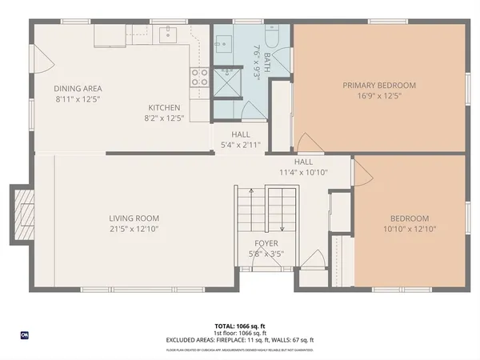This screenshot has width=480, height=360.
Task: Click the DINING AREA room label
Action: pyautogui.click(x=78, y=89)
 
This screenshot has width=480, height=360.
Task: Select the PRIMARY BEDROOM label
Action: pyautogui.click(x=379, y=85)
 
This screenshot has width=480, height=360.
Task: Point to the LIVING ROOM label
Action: pyautogui.click(x=134, y=218)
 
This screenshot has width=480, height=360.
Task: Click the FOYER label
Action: pyautogui.click(x=266, y=243)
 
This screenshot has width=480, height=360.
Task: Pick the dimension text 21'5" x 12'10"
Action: pyautogui.click(x=134, y=229)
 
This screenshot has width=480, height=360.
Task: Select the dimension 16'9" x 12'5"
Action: pyautogui.click(x=379, y=96)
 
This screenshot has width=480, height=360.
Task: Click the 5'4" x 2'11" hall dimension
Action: pyautogui.click(x=240, y=146)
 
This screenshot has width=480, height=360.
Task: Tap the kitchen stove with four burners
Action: pyautogui.click(x=198, y=77)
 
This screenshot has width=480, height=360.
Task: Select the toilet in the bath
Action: pyautogui.click(x=271, y=37)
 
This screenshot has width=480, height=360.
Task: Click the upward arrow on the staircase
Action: pyautogui.click(x=250, y=194)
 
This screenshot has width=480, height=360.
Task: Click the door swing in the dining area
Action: pyautogui.click(x=44, y=56)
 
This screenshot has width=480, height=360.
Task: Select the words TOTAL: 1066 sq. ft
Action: pyautogui.click(x=239, y=326)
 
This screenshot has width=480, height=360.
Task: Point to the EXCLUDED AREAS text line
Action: pyautogui.click(x=239, y=341)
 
